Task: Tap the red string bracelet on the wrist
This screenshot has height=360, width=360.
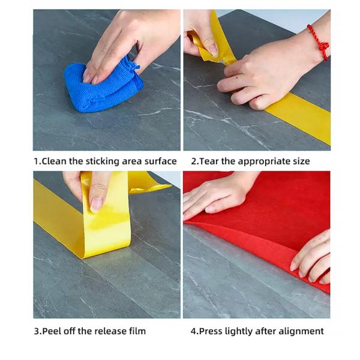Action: pyautogui.click(x=319, y=43)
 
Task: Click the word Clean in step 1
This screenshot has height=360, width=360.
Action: pyautogui.click(x=54, y=161)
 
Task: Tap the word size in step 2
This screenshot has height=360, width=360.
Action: pyautogui.click(x=301, y=161)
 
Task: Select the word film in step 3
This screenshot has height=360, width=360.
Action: pyautogui.click(x=137, y=331)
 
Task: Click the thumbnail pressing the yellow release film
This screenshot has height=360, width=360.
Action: pyautogui.click(x=97, y=205)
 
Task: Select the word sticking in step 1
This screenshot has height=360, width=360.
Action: pyautogui.click(x=103, y=162)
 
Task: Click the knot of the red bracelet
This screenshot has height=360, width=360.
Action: pyautogui.click(x=324, y=47)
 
